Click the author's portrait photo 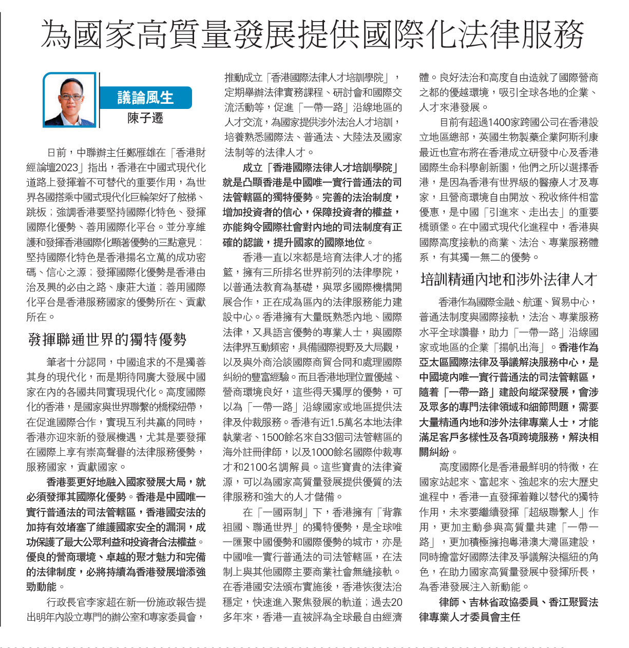click(x=69, y=100)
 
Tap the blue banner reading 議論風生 click(x=146, y=98)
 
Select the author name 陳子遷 click(x=145, y=119)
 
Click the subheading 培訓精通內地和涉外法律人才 click(x=508, y=280)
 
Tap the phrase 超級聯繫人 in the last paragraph click(x=563, y=512)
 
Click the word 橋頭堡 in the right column click(x=434, y=227)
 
